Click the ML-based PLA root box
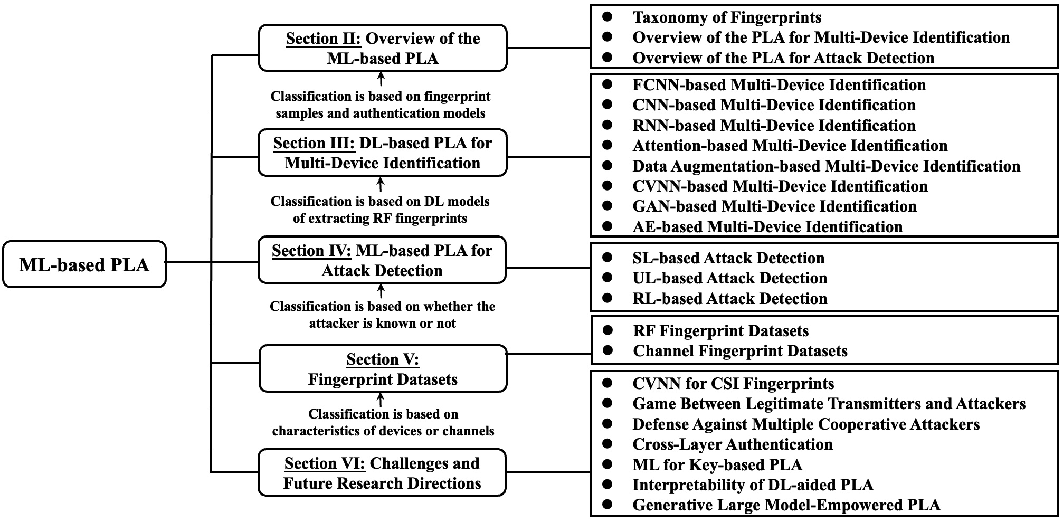point(84,264)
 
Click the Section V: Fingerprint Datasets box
point(383,368)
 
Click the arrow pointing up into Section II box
point(381,79)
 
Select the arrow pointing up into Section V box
point(380,400)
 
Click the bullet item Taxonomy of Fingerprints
point(727,17)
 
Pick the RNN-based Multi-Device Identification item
point(774,126)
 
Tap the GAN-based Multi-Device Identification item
point(774,206)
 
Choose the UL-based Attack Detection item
point(730,278)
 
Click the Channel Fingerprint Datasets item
point(740,351)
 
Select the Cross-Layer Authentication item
point(733,444)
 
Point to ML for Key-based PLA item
point(717,465)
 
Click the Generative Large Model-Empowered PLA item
point(786,505)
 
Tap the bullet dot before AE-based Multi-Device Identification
point(608,226)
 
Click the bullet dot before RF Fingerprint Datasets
point(608,330)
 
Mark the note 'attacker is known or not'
point(383,323)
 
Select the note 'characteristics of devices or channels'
point(383,431)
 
